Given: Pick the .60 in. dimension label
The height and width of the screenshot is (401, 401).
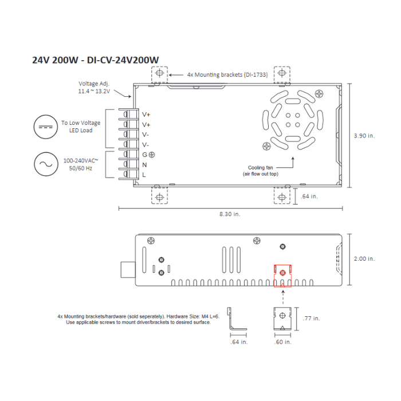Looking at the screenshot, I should (x=282, y=342).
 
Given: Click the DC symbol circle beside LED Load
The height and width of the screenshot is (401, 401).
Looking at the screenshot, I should (x=44, y=127).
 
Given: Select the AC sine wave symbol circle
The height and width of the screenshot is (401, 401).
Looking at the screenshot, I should (x=44, y=164).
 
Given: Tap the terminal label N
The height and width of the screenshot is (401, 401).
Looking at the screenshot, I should (x=145, y=164).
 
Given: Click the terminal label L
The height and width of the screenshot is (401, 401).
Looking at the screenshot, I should (x=144, y=174).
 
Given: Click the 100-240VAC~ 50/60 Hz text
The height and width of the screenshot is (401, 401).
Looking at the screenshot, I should (x=80, y=164).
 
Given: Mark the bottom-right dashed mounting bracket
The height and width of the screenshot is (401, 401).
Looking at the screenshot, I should (x=282, y=196).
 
